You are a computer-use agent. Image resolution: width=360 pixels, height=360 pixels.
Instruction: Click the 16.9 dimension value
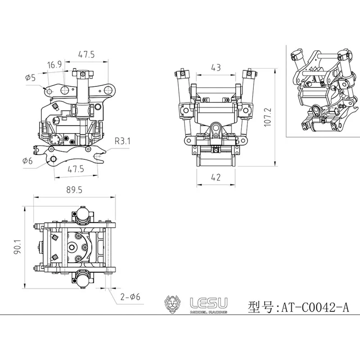[x=54, y=65]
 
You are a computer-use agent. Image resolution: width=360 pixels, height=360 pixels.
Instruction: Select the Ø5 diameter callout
[x=30, y=77]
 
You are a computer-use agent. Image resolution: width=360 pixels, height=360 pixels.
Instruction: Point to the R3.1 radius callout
[x=122, y=141]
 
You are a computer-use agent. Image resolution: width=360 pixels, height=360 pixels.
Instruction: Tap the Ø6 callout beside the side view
[x=27, y=161]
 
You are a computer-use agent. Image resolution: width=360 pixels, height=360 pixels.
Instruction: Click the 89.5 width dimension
[x=74, y=190]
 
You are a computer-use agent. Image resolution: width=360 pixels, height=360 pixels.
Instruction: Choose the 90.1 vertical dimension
[x=17, y=247]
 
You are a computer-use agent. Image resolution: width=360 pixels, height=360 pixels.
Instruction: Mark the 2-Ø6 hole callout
[x=130, y=297]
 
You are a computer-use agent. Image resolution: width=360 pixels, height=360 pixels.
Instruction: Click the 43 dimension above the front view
[x=216, y=67]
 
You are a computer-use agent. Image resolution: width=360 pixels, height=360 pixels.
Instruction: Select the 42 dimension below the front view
[x=216, y=177]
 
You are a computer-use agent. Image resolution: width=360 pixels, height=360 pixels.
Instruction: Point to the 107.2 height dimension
[x=268, y=117]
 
